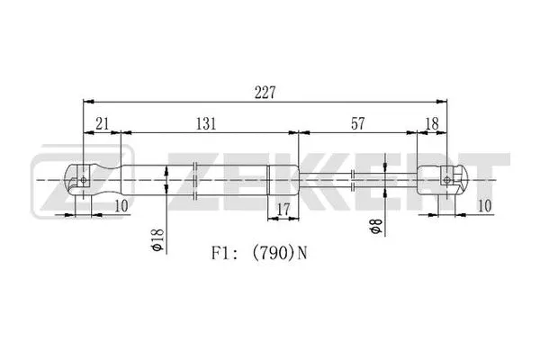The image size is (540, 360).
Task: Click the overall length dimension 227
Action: coord(264,92)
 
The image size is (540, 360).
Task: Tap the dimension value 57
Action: coord(357,124)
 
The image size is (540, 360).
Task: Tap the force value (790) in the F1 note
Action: coord(274,254)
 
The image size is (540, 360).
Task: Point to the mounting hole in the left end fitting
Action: coord(84,179)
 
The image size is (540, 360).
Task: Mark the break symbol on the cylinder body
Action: coord(196,180)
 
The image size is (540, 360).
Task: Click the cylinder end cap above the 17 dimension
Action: coord(283,180)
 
